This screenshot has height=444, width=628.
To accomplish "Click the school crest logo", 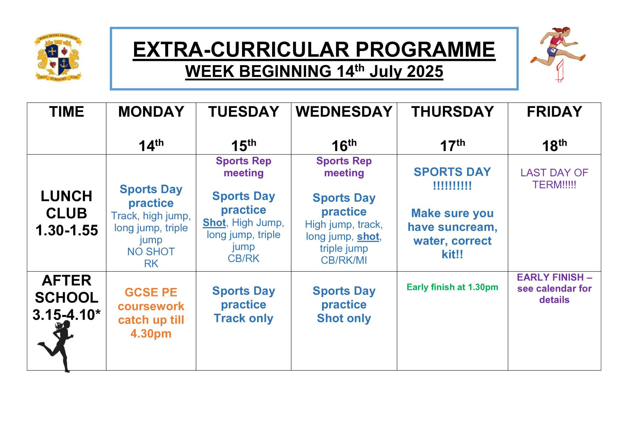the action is pyautogui.click(x=58, y=58).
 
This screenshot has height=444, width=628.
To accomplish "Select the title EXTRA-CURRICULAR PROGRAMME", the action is pyautogui.click(x=314, y=50).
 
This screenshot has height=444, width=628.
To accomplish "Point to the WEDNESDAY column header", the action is pyautogui.click(x=344, y=112).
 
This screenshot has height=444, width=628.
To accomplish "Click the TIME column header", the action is pyautogui.click(x=66, y=112).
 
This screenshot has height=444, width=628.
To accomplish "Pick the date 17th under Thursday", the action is pyautogui.click(x=452, y=145).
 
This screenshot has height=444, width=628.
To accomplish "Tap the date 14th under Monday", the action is pyautogui.click(x=151, y=145).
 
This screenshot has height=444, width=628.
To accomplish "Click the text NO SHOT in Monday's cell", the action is pyautogui.click(x=151, y=252).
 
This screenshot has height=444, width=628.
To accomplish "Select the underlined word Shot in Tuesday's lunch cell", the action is pyautogui.click(x=214, y=223).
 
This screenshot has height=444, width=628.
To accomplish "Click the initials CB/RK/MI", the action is pyautogui.click(x=344, y=260).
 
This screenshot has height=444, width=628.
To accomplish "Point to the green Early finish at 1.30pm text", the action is pyautogui.click(x=452, y=287).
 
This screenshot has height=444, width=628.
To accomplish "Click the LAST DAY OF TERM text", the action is pyautogui.click(x=554, y=179).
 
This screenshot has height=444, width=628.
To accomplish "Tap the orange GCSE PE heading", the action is pyautogui.click(x=151, y=292).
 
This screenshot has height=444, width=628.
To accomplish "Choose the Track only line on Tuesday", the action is pyautogui.click(x=243, y=318).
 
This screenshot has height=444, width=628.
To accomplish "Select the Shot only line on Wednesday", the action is pyautogui.click(x=344, y=318).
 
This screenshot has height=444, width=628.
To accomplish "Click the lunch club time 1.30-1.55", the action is pyautogui.click(x=67, y=230).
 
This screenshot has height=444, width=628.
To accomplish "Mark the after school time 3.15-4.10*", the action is pyautogui.click(x=66, y=315).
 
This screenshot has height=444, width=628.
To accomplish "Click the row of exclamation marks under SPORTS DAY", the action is pyautogui.click(x=452, y=186).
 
